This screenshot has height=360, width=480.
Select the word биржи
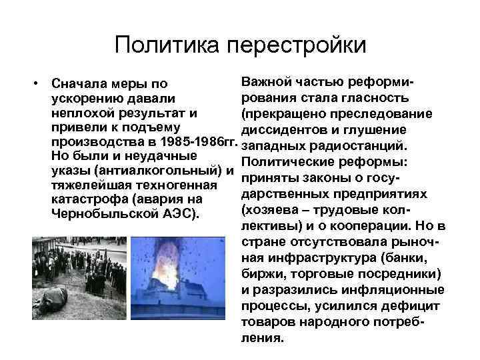click(x=258, y=273)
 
